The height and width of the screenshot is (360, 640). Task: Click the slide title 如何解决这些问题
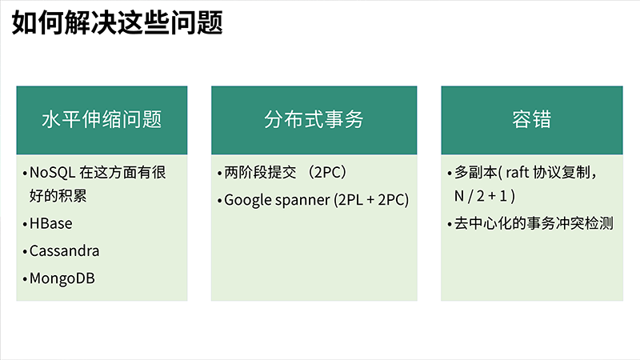[x=117, y=22]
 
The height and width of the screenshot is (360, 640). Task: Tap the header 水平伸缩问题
[x=102, y=119]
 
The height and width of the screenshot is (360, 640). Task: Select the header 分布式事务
[x=314, y=119]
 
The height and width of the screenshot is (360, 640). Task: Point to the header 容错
[x=532, y=119]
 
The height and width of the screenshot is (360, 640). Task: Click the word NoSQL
[x=52, y=173]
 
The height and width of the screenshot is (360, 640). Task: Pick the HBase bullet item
[x=50, y=224]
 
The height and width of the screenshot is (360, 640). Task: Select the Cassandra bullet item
[x=64, y=251]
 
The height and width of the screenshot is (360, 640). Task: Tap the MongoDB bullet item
[x=62, y=278]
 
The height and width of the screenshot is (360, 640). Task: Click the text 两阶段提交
[x=260, y=172]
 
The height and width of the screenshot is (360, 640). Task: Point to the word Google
[x=248, y=201]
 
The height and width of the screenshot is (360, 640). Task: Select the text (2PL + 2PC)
[x=371, y=200]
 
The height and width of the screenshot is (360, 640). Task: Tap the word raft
[x=517, y=172]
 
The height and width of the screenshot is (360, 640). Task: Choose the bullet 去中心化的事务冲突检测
[x=534, y=224]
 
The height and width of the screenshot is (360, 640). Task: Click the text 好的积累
[x=58, y=196]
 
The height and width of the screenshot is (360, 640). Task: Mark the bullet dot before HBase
[x=25, y=225]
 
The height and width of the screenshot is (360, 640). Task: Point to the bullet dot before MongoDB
[x=25, y=279]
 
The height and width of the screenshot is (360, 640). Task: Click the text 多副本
[x=476, y=172]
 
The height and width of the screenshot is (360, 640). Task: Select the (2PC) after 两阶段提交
[x=327, y=172]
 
